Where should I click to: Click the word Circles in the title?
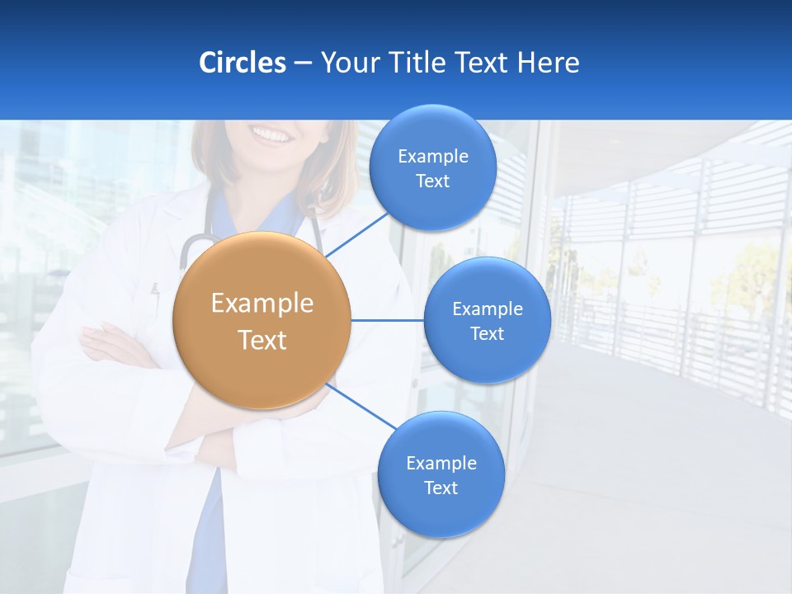(x=242, y=63)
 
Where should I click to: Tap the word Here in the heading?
(x=548, y=63)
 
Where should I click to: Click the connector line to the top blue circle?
(x=356, y=233)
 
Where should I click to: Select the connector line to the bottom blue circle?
(x=361, y=406)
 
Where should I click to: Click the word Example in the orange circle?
(x=262, y=303)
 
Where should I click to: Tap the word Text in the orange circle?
(x=262, y=339)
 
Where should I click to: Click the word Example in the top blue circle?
(x=432, y=156)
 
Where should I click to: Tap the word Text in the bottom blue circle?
(x=441, y=488)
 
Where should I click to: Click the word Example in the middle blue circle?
(x=487, y=309)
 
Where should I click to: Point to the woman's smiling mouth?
(x=272, y=133)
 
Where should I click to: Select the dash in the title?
(x=302, y=63)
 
